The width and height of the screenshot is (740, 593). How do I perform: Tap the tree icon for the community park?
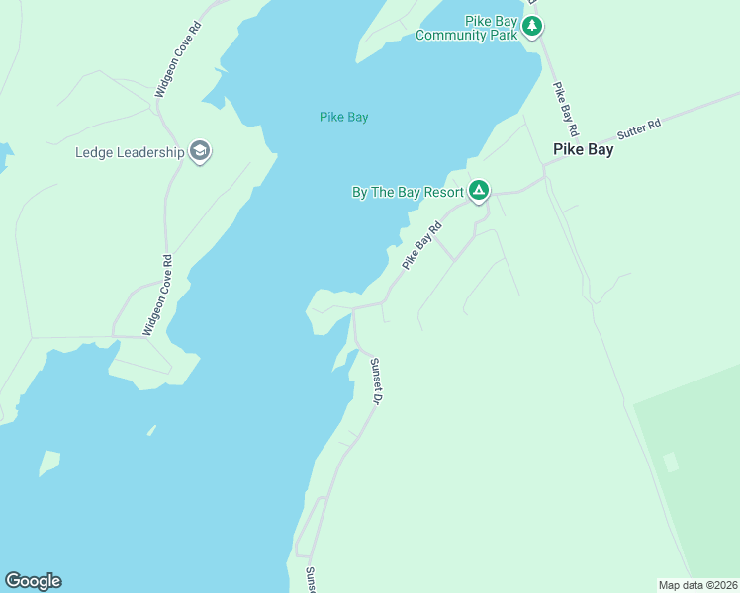pos(532,26)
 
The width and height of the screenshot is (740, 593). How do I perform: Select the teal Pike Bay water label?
pos(344,117)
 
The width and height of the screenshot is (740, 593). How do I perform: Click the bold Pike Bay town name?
pos(583,150)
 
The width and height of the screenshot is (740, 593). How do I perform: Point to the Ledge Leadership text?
pos(130,152)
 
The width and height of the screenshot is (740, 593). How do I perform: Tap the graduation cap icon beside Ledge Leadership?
pos(200,151)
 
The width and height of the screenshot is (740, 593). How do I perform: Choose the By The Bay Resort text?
pos(408,192)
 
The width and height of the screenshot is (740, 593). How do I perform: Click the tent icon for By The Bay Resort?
pos(479,190)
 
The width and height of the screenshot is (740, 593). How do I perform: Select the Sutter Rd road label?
pos(638,130)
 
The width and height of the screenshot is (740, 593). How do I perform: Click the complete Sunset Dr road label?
pos(376,381)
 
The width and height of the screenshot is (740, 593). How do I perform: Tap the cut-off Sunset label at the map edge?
pos(310,578)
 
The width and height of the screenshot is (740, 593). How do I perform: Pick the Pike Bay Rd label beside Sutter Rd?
pos(565,109)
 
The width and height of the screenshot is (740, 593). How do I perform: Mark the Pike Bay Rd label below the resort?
pos(420,246)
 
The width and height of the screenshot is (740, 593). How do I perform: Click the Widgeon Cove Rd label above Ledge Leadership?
pos(178,59)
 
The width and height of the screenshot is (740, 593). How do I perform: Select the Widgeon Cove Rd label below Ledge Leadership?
pos(157,296)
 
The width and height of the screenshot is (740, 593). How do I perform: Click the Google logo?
pos(33,581)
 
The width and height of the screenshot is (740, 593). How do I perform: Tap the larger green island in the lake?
pos(49,463)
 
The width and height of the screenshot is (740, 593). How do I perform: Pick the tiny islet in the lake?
pos(151,430)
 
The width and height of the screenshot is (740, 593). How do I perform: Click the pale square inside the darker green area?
pos(671,462)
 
